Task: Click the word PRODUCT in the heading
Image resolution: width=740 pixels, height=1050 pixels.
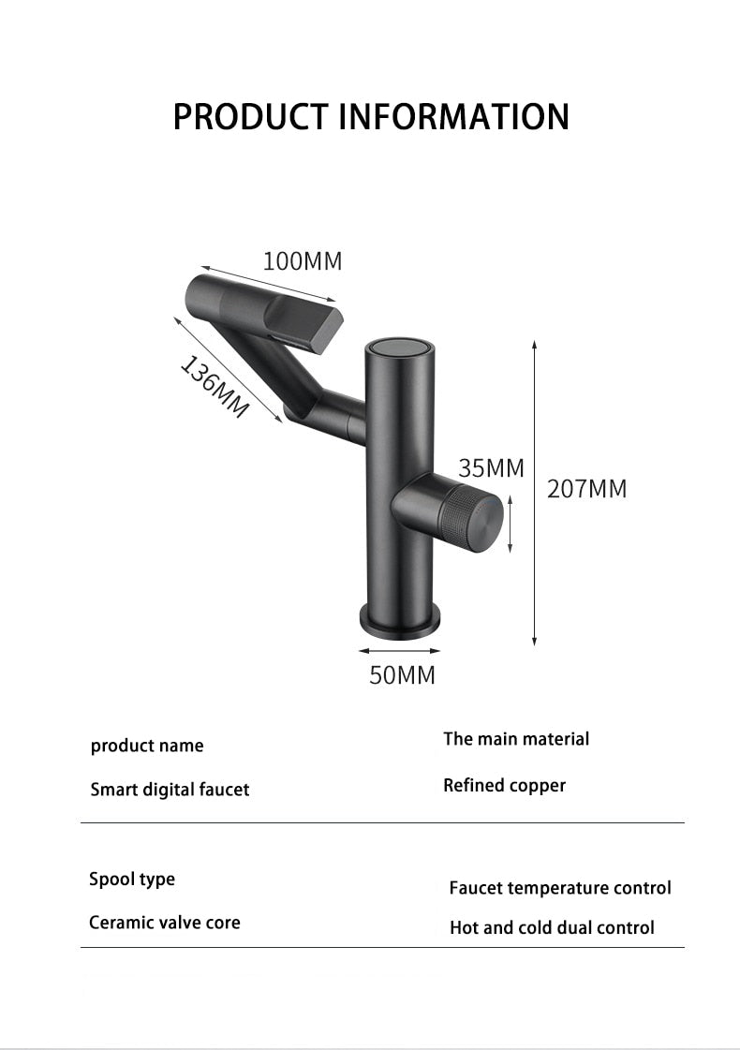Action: coord(251,117)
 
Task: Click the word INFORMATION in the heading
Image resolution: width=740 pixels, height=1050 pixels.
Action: coord(453,117)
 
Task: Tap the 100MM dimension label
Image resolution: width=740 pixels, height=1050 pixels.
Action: coord(302,261)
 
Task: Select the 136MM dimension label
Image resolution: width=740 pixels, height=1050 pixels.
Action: coord(215,387)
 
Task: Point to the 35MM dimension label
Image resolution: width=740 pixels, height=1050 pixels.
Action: coord(491,467)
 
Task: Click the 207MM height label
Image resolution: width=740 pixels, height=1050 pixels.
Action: coord(587,488)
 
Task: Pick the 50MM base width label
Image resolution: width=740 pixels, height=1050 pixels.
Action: coord(402,674)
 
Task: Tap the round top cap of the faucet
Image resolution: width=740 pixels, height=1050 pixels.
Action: coord(399,347)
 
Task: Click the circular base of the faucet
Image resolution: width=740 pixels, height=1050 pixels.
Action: coord(400,621)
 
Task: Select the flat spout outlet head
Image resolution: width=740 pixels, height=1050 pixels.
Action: coord(309,318)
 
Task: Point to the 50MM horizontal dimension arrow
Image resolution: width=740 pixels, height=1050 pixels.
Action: coord(400,647)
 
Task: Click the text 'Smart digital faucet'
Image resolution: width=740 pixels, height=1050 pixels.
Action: coord(170,790)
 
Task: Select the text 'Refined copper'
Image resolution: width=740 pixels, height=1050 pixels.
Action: coord(504,785)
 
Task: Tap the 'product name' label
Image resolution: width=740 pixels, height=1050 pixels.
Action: coord(147,746)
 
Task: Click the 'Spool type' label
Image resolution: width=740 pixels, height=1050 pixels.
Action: coord(132,879)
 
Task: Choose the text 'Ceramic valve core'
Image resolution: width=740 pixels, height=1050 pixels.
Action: coord(165,923)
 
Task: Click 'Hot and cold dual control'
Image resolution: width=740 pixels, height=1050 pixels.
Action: coord(552,927)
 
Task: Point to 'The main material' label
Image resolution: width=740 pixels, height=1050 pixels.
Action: coord(516,739)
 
